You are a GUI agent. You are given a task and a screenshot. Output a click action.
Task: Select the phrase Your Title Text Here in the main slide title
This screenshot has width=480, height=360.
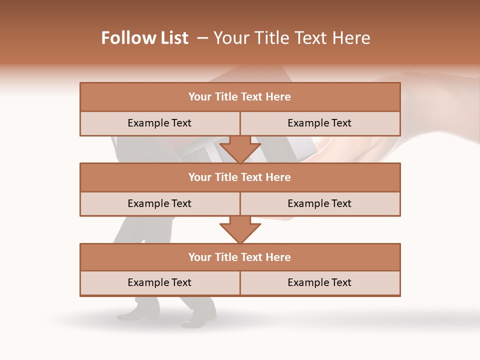click(292, 38)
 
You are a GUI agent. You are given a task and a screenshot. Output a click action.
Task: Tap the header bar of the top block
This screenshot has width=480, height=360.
click(240, 97)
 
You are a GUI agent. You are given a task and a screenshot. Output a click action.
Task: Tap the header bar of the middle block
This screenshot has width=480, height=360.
click(240, 177)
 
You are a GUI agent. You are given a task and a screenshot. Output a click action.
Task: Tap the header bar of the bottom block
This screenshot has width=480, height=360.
click(240, 257)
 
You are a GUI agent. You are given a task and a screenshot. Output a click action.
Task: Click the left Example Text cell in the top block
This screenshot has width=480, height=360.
click(159, 123)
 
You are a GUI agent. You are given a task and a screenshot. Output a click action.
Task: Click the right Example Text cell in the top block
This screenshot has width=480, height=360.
click(319, 123)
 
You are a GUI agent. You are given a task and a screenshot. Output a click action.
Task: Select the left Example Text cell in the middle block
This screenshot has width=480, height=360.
click(159, 204)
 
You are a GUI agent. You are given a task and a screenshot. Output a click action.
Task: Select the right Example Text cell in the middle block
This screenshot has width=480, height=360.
click(319, 204)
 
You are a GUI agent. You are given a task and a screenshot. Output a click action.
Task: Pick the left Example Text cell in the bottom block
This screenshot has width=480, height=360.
click(159, 283)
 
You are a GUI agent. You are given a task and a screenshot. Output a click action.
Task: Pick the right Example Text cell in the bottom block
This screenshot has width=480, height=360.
click(319, 283)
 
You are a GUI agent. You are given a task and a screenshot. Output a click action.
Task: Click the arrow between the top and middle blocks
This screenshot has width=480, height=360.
click(240, 149)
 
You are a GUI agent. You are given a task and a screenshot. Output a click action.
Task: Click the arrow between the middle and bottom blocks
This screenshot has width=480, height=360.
click(240, 229)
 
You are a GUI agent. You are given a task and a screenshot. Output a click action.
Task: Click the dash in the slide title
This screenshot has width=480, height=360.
click(202, 38)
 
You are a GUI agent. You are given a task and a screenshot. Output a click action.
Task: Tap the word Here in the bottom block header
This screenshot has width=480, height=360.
click(278, 257)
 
